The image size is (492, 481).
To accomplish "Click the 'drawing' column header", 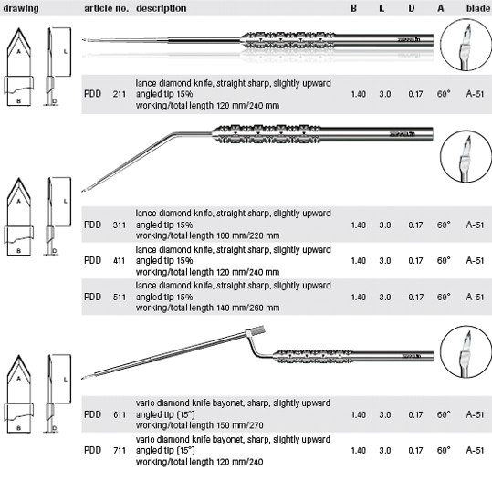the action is point(21,8).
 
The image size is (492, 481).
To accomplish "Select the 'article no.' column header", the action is point(107,8).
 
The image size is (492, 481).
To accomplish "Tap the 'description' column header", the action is point(162,8).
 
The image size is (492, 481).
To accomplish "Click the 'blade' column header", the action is point(478,8).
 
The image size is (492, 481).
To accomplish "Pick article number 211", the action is point(120,94).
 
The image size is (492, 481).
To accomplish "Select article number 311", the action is point(120,225).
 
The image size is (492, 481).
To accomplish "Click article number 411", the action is point(120,260).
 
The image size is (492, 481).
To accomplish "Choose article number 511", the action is point(120,297).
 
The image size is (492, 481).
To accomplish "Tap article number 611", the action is point(120,414).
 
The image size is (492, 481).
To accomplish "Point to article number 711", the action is point(120,450).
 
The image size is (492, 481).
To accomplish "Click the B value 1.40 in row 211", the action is point(359,94).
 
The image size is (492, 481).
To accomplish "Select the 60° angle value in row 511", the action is point(444,297).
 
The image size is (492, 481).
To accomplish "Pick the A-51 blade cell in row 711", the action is point(475,450).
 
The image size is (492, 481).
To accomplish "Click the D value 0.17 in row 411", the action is point(415,260).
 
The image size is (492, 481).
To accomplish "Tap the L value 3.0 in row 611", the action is point(385,414).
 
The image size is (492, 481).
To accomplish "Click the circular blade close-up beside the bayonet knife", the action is point(466,351).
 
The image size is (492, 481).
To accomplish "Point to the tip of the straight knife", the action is point(83,40).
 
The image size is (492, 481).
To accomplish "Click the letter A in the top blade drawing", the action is point(18,51).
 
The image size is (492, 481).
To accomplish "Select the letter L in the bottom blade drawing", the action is point(66,380).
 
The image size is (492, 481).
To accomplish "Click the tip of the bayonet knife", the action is point(82,379).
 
